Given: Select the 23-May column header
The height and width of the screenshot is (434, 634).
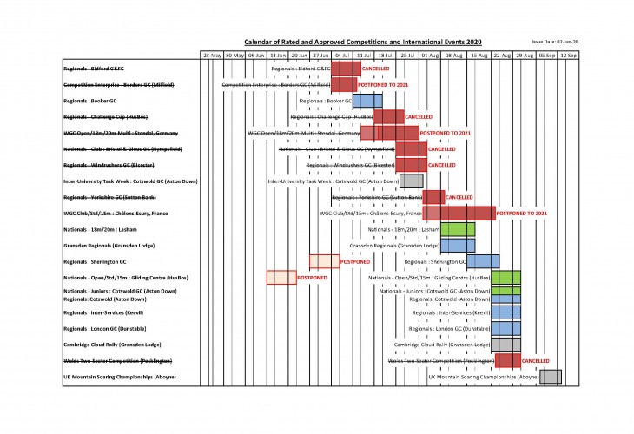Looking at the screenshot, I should (212, 56).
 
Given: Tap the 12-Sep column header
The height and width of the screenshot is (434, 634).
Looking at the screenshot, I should (569, 56).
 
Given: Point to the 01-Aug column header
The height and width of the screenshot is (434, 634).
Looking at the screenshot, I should (430, 56).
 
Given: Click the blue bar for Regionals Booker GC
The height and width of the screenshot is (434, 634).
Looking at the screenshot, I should (367, 101).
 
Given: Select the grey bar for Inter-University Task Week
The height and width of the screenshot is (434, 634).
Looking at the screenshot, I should (411, 181).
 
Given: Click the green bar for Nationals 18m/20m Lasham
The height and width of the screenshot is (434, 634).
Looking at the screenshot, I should (458, 230).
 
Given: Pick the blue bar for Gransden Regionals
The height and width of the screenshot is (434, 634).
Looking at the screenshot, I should (458, 246).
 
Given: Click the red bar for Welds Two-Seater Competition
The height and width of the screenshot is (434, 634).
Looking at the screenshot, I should (507, 359).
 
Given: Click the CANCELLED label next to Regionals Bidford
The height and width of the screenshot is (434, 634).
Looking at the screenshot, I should (376, 68).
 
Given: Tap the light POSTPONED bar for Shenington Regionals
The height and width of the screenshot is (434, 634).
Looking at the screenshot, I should (324, 261).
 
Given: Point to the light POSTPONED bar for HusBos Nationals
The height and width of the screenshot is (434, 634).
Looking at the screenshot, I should (281, 278).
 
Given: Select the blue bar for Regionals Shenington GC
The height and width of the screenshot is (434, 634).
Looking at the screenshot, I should (483, 261).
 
